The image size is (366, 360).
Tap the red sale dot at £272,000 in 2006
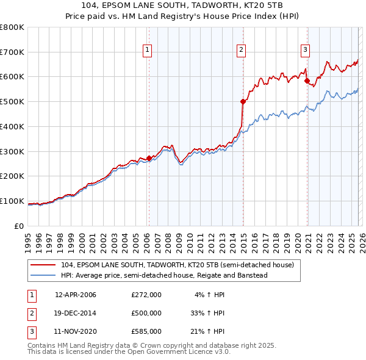149,158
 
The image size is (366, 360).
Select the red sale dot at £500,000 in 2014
243,102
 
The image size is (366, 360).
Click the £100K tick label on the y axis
12,201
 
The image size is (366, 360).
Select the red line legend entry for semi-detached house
178,265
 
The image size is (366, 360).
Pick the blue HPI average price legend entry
164,275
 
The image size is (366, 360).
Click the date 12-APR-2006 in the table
76,295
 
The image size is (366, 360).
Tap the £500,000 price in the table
146,313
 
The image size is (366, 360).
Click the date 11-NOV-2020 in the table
76,331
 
